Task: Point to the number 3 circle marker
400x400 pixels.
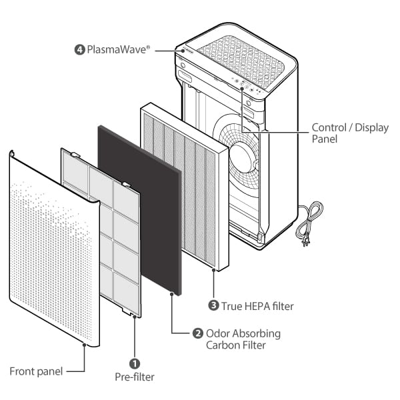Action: [x=213, y=306]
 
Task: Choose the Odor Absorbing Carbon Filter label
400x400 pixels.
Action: [x=243, y=339]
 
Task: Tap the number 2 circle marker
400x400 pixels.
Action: [x=197, y=333]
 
